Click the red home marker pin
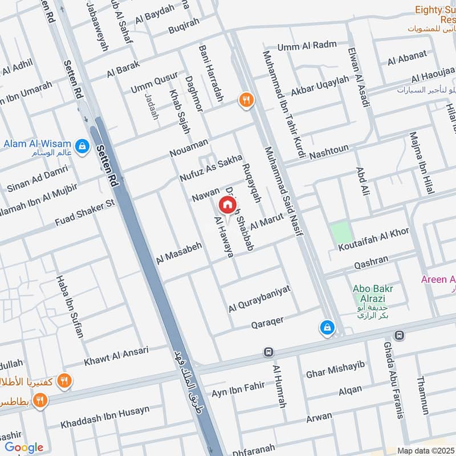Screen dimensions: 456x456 tap(227, 205)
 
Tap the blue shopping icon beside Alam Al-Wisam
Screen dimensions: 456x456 tap(83, 145)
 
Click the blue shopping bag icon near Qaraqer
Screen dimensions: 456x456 tap(327, 327)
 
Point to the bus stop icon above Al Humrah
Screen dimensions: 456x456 tap(268, 352)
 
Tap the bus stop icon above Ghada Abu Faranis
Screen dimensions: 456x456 tap(400, 335)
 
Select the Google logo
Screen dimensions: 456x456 tap(24, 447)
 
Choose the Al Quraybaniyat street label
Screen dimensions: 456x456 tap(259, 299)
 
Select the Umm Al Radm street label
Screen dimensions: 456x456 tap(307, 46)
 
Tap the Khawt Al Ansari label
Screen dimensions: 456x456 tap(116, 356)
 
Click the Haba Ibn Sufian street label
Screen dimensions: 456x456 tap(70, 306)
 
